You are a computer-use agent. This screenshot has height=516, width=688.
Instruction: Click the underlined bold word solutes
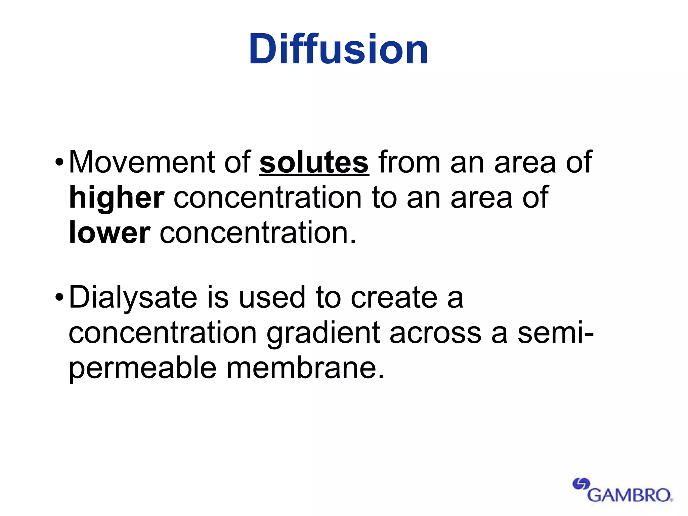coord(314,163)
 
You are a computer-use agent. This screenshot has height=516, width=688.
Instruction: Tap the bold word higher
coord(117,198)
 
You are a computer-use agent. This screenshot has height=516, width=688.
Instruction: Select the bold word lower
coord(110,232)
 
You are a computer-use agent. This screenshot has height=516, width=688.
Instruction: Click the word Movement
coord(141,163)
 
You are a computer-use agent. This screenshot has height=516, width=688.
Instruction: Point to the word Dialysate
coord(133,297)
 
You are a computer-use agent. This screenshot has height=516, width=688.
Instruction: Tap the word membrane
coord(305,368)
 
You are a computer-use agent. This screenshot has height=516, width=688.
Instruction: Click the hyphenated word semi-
coord(555,333)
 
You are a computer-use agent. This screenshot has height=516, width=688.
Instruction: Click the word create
coord(394,298)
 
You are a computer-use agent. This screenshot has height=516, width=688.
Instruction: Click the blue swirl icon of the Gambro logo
coord(581,484)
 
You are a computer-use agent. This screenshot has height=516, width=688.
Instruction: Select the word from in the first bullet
coord(410,163)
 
